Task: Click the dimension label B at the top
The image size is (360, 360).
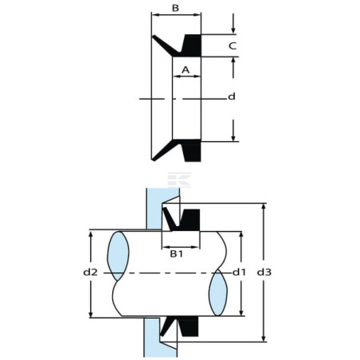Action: point(175,8)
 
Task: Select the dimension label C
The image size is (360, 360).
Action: point(233,46)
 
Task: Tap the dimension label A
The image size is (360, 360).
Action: point(186,70)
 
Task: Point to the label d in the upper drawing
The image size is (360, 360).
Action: point(232,96)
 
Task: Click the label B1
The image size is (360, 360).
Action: point(177,254)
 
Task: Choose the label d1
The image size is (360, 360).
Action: point(239,272)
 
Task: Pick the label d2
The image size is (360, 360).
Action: point(91,272)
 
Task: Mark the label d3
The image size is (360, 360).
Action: point(264,272)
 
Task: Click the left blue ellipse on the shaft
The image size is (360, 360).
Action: point(118,256)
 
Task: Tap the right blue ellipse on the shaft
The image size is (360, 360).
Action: point(218,292)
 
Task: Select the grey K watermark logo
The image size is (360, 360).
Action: point(179,180)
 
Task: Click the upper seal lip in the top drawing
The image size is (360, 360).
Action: point(166,45)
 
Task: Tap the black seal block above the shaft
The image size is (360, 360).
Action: point(190,220)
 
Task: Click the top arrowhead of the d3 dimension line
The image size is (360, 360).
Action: point(264,206)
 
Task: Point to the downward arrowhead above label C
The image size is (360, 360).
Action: point(233,30)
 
